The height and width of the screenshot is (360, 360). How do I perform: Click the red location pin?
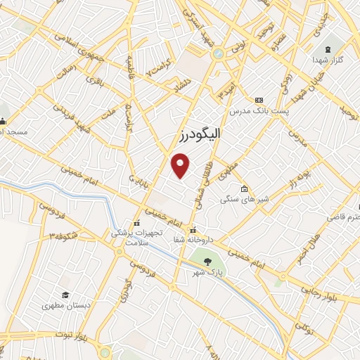[x=181, y=165]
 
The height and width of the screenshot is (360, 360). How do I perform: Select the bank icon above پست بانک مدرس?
[x=259, y=101]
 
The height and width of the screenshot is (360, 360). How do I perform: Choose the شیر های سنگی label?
[x=242, y=200]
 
